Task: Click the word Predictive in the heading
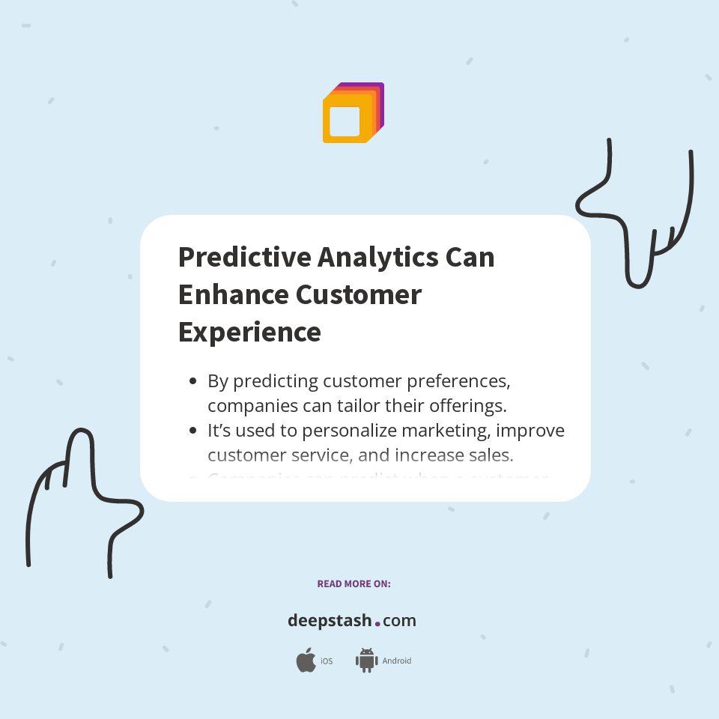[243, 257]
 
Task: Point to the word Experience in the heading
[249, 332]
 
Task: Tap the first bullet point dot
[192, 381]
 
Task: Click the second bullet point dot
[192, 431]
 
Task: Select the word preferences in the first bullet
[458, 381]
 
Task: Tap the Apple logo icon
[306, 661]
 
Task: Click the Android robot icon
[366, 661]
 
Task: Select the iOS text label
[327, 661]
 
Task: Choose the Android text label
[396, 661]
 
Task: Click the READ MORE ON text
[354, 583]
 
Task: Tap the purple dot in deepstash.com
[377, 623]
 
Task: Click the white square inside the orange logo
[345, 121]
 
